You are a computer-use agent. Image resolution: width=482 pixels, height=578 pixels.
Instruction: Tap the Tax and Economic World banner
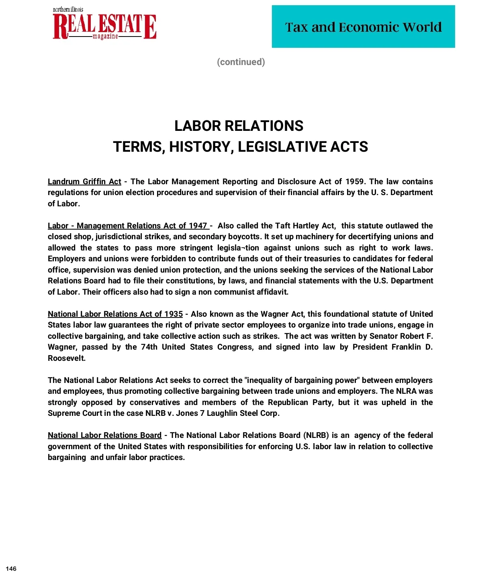(363, 27)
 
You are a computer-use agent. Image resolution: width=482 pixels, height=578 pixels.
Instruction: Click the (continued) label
(241, 62)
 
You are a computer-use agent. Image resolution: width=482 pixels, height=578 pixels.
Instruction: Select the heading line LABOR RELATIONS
(239, 126)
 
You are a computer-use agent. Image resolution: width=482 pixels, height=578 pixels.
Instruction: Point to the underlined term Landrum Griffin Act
(84, 182)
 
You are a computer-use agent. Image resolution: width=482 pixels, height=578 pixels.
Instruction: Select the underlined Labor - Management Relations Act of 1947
(128, 226)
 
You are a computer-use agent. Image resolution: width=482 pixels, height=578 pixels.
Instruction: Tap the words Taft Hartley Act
(305, 226)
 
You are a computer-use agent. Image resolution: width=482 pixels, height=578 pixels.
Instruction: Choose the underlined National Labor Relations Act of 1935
(115, 314)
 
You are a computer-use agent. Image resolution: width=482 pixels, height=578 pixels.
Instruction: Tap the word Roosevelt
(67, 358)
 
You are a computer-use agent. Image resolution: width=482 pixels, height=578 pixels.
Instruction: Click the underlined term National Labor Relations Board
(104, 436)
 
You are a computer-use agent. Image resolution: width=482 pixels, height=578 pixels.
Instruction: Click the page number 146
(11, 569)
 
